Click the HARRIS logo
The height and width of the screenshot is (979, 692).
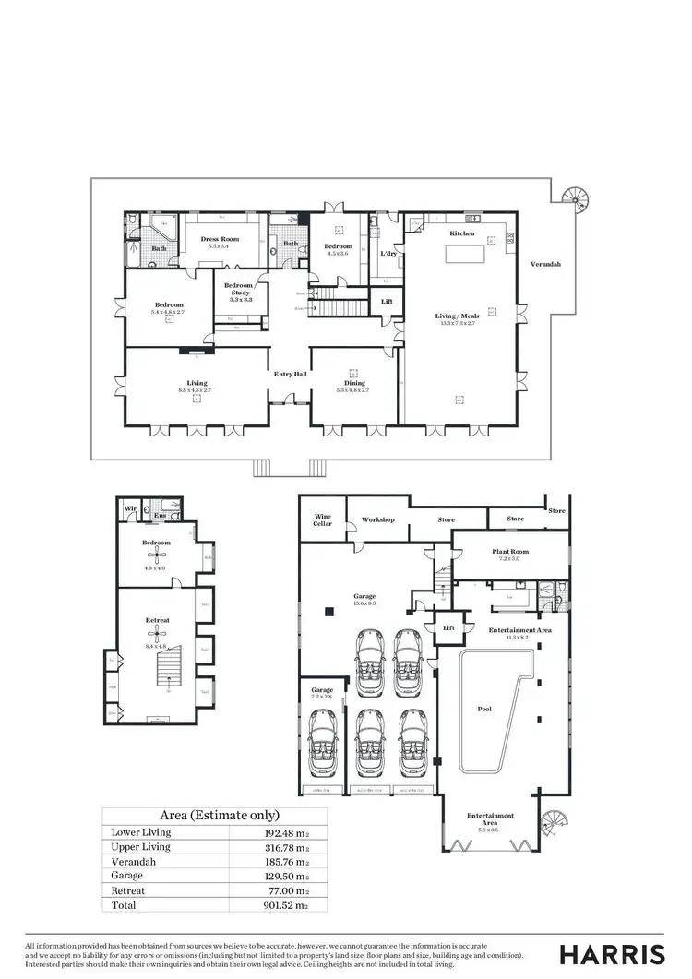[613, 953]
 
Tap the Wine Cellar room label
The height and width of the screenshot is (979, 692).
[322, 520]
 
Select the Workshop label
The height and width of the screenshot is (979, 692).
[378, 519]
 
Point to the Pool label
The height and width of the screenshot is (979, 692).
[484, 710]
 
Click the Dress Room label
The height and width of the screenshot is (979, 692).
[219, 239]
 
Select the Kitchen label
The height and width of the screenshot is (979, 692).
[462, 234]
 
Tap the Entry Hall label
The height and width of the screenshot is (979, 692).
[290, 374]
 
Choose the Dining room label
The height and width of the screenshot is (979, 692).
[354, 382]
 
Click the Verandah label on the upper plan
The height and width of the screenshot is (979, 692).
[544, 264]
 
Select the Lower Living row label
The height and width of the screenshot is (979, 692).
[140, 832]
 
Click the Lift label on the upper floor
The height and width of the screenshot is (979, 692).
[386, 301]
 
